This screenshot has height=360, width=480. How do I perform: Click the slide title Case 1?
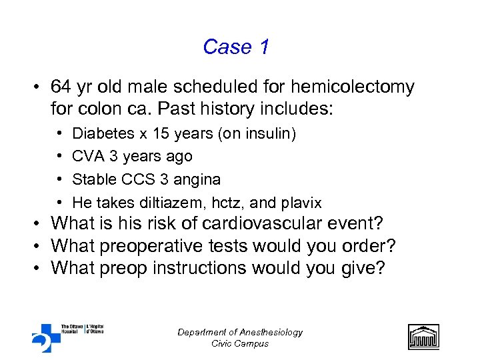pyautogui.click(x=236, y=47)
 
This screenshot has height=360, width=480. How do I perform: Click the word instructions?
pyautogui.click(x=217, y=268)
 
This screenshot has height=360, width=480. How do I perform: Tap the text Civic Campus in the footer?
pyautogui.click(x=240, y=343)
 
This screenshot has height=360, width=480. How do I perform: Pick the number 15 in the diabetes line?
pyautogui.click(x=161, y=133)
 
